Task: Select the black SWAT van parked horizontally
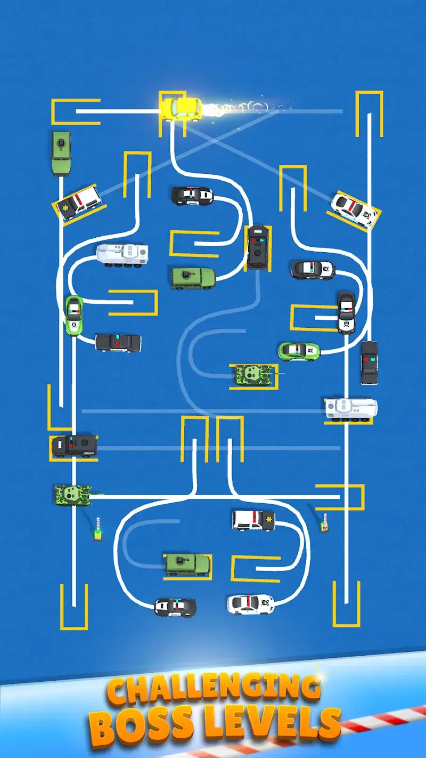point(74,446)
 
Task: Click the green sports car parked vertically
point(73,315)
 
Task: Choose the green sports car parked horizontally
point(299,350)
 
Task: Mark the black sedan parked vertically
point(369,362)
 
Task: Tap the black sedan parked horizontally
point(118,342)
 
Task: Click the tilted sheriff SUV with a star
point(78,202)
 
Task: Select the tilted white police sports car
point(354,209)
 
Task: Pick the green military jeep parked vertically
point(61,152)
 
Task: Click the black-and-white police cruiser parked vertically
point(346,312)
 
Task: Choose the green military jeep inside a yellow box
point(187,564)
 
